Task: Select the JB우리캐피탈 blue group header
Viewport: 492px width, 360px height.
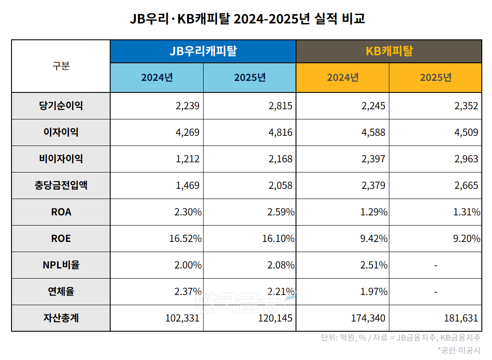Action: click(203, 51)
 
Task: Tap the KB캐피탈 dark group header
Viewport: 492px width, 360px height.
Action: click(388, 51)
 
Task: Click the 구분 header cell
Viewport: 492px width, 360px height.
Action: click(61, 66)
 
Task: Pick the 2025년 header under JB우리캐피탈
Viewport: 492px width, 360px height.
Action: click(250, 77)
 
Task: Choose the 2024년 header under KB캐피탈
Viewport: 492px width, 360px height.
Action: click(342, 77)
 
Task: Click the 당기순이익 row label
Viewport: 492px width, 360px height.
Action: click(61, 106)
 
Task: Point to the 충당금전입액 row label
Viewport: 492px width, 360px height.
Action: click(61, 185)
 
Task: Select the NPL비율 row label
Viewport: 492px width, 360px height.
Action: click(61, 265)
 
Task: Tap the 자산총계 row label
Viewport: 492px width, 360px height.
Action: click(61, 318)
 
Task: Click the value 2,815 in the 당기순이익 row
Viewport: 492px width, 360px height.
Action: click(281, 106)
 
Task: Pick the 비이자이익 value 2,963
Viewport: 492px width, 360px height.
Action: click(466, 159)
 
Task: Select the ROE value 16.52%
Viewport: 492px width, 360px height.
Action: click(185, 239)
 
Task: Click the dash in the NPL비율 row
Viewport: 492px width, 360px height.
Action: click(436, 265)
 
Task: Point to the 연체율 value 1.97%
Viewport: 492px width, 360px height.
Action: click(374, 292)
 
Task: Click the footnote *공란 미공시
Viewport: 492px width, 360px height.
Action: click(459, 350)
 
